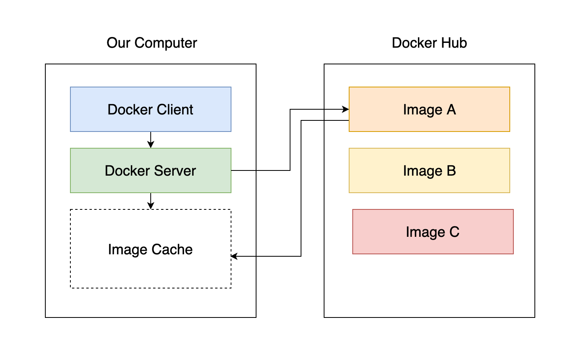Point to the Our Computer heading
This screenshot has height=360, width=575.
(x=152, y=43)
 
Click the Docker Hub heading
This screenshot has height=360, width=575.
(x=429, y=43)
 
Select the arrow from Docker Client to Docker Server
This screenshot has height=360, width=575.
(x=151, y=139)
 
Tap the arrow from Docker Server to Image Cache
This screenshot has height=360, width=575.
(x=151, y=201)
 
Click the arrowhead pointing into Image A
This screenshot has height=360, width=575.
(x=345, y=109)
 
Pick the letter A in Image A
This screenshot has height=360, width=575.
(x=451, y=110)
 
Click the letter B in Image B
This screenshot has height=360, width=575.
(x=451, y=171)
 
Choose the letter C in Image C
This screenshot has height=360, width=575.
(x=454, y=232)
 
